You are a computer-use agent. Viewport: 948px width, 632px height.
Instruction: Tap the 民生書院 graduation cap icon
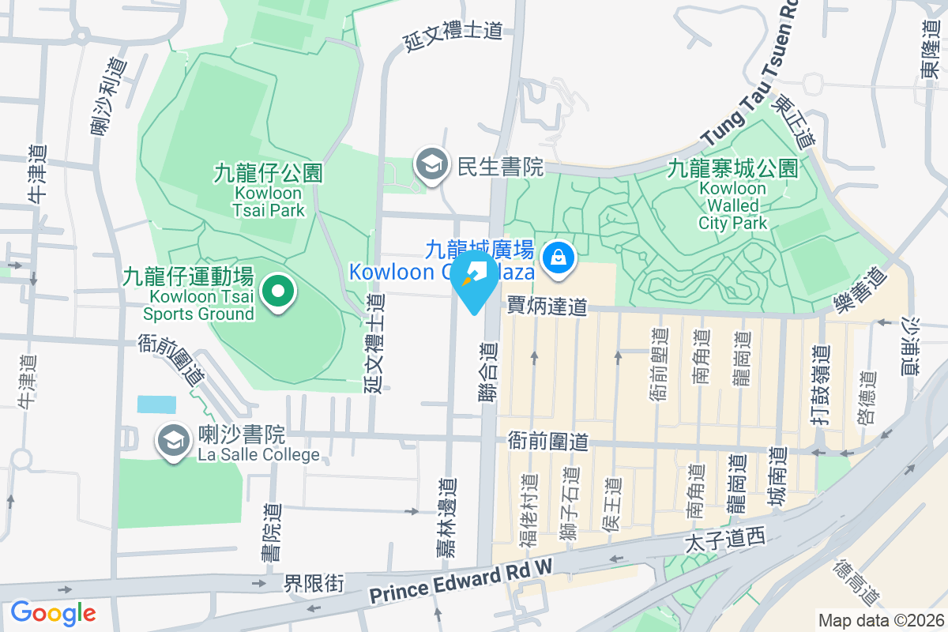[x=431, y=166]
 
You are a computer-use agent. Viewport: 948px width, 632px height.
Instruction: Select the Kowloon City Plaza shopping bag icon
[x=559, y=259]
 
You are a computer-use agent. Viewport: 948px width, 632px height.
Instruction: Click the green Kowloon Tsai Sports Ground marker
[x=277, y=292]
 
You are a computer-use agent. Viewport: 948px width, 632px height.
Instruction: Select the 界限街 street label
[x=314, y=584]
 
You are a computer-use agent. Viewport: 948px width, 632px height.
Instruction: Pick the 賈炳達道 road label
[x=547, y=305]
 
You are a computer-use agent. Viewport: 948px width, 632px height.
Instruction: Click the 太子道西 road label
[x=725, y=540]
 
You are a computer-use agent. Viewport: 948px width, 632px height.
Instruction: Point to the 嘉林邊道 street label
[x=447, y=517]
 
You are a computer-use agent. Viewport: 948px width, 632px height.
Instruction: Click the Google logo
[x=53, y=613]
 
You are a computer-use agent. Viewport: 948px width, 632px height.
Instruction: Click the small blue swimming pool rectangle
[x=156, y=404]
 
